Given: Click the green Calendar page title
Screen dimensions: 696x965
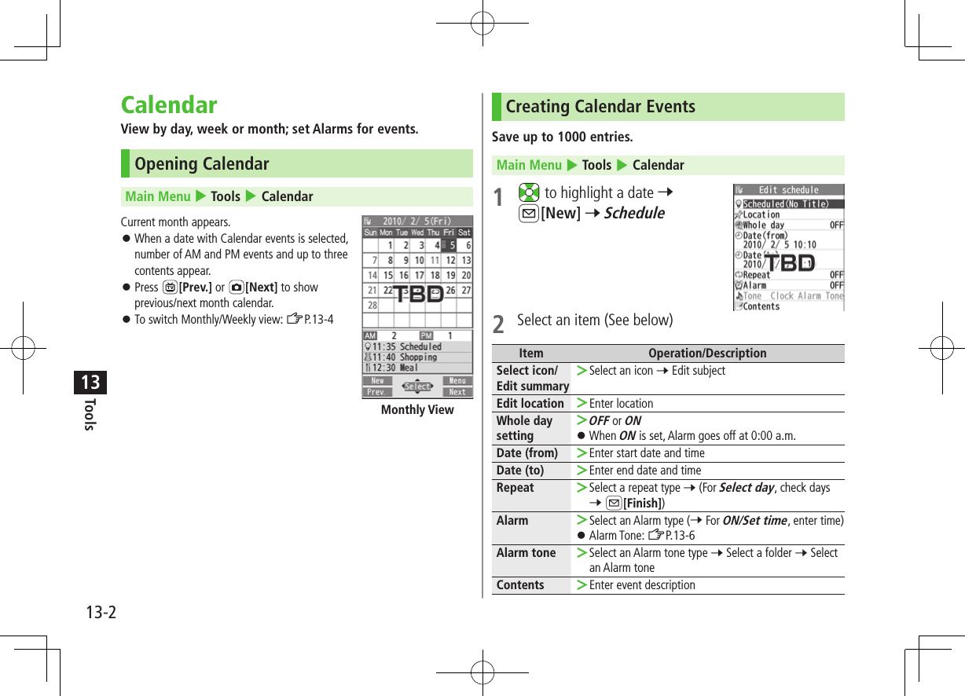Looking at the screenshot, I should [x=169, y=105].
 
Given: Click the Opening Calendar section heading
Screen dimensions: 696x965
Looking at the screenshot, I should [x=201, y=164].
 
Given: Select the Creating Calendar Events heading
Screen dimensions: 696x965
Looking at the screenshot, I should [x=600, y=107].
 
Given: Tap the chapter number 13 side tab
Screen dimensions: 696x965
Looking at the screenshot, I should [x=90, y=383].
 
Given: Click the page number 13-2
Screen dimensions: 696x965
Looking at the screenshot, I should [x=100, y=612].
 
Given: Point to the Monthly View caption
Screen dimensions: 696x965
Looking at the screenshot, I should [x=417, y=410].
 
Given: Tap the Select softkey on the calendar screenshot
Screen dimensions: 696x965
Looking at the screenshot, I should [x=417, y=386].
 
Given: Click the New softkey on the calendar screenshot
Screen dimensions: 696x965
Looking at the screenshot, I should [x=378, y=381].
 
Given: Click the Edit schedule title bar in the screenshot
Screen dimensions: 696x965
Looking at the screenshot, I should [x=788, y=190].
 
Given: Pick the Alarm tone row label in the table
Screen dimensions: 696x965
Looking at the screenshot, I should [x=526, y=553].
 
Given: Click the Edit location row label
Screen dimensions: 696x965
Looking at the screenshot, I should [x=530, y=404].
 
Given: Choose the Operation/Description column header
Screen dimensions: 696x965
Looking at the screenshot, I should [x=706, y=353].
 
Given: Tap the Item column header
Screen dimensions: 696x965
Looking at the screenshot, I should [x=530, y=353].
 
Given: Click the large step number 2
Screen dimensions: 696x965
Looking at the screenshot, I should [x=498, y=323].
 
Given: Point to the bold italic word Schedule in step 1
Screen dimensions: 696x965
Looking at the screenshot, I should [x=633, y=213].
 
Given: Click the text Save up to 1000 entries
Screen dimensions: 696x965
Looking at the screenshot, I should [x=562, y=137].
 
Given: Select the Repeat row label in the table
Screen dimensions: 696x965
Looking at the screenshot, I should [x=515, y=488].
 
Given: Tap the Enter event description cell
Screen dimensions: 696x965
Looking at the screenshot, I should [x=641, y=585].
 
